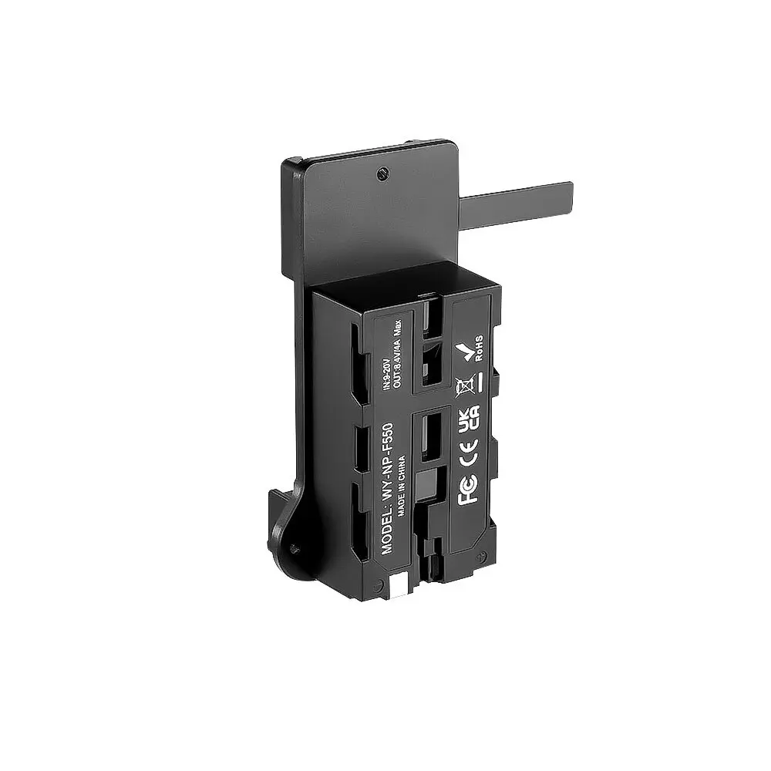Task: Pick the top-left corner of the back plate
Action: click(287, 163)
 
